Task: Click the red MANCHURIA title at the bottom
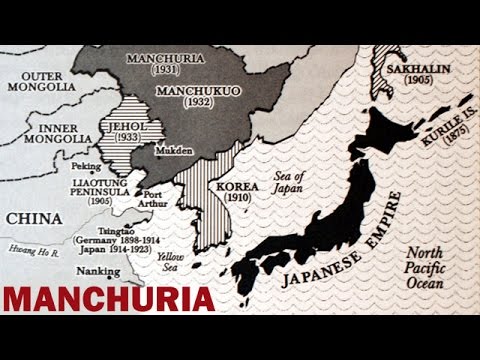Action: [107, 300]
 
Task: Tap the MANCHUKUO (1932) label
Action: [182, 95]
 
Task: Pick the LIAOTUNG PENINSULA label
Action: [83, 190]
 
